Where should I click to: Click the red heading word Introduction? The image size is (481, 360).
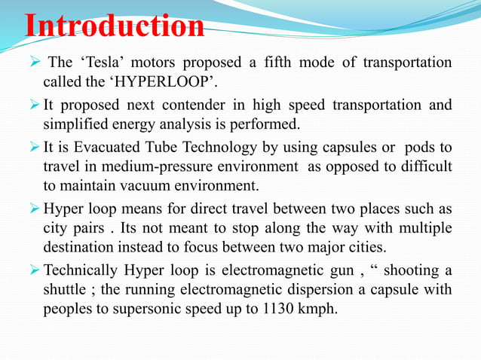point(115,26)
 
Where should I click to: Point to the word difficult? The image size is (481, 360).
point(427,165)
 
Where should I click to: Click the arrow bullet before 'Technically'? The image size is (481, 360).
point(35,270)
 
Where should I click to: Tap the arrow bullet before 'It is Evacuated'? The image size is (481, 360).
point(35,146)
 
